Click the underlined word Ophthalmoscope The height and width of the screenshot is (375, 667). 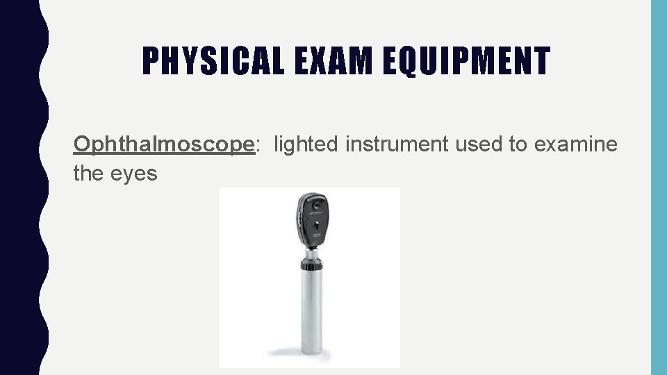pyautogui.click(x=165, y=144)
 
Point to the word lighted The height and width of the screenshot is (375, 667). pyautogui.click(x=308, y=144)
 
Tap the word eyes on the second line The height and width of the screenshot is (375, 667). pyautogui.click(x=134, y=174)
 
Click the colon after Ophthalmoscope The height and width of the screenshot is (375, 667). pyautogui.click(x=259, y=145)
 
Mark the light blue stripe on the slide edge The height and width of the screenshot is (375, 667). pyautogui.click(x=658, y=187)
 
